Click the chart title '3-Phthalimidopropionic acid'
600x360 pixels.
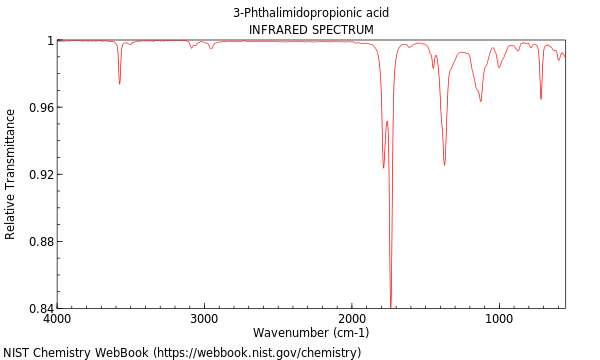pos(311,13)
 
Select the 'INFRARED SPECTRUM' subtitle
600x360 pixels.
pos(311,30)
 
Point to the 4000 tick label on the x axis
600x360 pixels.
pos(57,319)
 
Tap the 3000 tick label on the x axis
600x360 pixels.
pos(204,319)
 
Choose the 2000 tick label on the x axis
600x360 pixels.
pos(352,319)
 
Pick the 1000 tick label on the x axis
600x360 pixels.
pos(499,319)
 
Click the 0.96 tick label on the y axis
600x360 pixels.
pos(38,108)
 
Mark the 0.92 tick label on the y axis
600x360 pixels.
pos(38,175)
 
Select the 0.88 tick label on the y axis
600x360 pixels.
pos(38,242)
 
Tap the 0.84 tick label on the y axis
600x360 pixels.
pos(38,308)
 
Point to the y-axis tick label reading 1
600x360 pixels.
pos(48,41)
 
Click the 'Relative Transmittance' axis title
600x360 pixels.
pos(11,175)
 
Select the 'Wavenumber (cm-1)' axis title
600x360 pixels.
pos(311,333)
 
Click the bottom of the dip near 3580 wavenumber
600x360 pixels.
pos(119,83)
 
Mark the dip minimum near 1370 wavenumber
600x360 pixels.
pos(444,165)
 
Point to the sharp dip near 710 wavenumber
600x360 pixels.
pos(541,99)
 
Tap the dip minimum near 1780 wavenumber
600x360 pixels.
pos(383,167)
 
